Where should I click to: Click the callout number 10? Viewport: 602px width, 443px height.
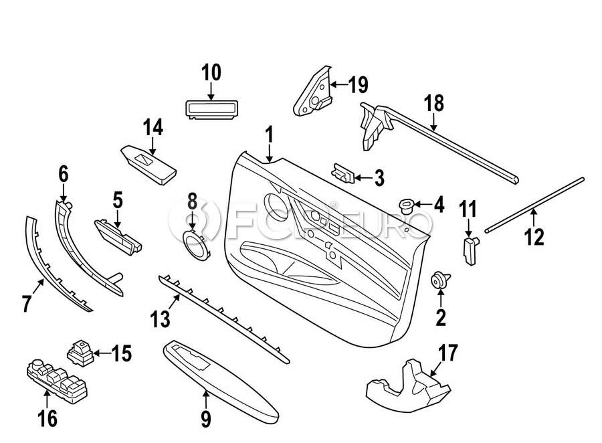[x=211, y=72]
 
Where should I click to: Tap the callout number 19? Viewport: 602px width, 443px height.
[x=358, y=85]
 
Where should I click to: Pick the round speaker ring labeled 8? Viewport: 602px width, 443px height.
[x=195, y=245]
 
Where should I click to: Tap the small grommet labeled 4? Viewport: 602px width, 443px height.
[x=405, y=204]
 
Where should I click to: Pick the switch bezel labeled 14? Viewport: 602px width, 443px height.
[x=148, y=163]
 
